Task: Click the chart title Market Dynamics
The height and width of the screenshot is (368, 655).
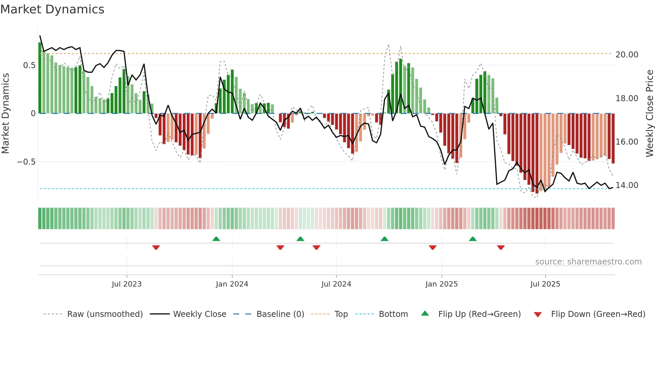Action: click(52, 9)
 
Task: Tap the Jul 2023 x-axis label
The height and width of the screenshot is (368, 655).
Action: click(127, 284)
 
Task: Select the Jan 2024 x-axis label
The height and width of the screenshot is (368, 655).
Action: click(232, 284)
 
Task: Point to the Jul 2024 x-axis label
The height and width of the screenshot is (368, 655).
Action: click(336, 284)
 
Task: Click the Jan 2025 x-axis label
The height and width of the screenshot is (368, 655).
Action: click(441, 284)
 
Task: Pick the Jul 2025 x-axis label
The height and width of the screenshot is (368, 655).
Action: click(545, 284)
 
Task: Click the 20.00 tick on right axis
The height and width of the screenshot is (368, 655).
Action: click(627, 55)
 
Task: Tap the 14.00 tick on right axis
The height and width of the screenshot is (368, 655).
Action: click(627, 185)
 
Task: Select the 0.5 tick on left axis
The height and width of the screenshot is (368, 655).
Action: click(29, 65)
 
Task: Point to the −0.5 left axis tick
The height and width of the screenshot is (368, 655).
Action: click(26, 162)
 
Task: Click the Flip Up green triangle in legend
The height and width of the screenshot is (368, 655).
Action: click(425, 314)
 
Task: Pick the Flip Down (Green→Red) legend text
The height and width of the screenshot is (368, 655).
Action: click(598, 314)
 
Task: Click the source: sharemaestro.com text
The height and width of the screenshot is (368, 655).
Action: click(588, 262)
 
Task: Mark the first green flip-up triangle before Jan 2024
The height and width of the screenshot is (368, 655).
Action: click(216, 239)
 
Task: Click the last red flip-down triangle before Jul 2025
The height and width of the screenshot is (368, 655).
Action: click(501, 247)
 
